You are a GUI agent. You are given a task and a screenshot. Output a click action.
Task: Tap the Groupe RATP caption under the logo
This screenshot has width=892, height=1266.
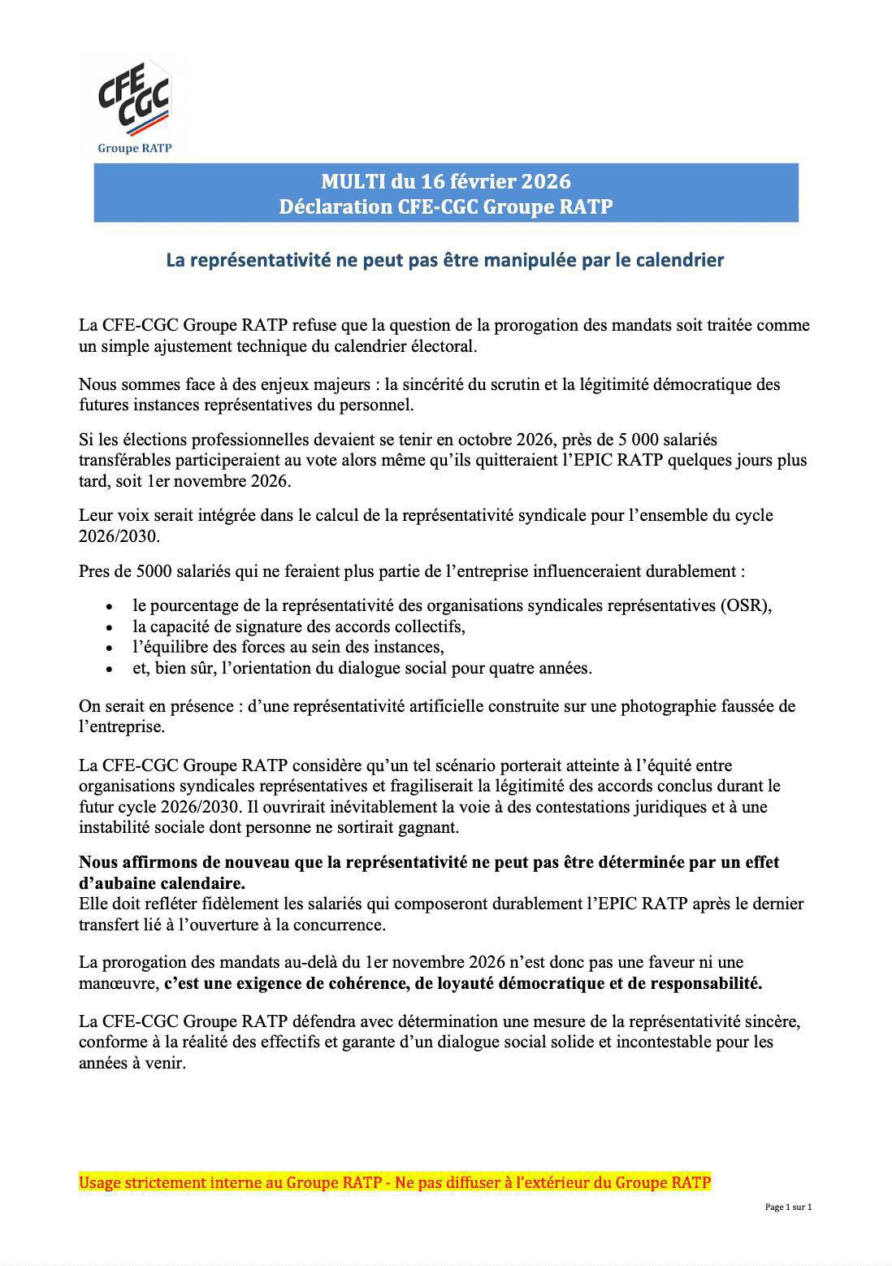point(134,148)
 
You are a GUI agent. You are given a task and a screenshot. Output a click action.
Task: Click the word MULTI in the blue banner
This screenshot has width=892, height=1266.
point(353,180)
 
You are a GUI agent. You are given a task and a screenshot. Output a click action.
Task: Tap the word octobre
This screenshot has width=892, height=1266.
point(484,440)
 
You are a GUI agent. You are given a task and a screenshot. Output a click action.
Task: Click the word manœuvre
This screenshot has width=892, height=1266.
point(117,984)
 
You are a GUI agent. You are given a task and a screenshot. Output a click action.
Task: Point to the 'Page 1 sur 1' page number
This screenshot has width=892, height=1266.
point(788,1207)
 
